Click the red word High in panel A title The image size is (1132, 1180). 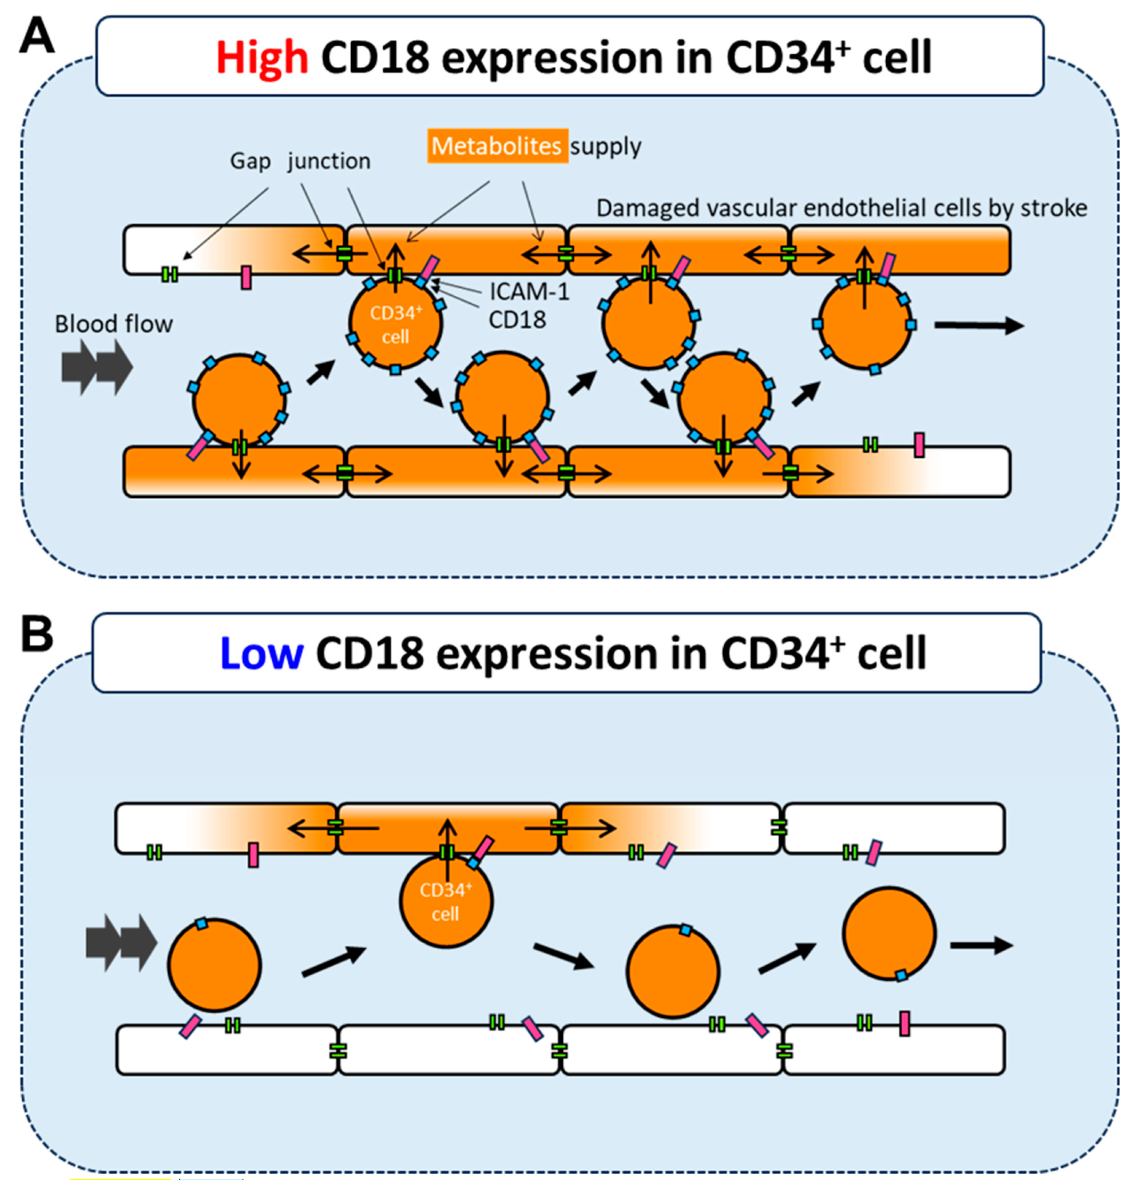[262, 58]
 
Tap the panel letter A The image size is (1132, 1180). [37, 36]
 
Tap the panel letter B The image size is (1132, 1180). [37, 634]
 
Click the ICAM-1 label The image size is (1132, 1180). [529, 292]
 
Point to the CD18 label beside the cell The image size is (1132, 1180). [517, 320]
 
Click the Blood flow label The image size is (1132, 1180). [113, 324]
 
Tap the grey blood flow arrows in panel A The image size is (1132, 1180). [97, 367]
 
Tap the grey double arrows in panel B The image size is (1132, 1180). [121, 943]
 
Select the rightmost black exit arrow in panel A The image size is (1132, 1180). [978, 326]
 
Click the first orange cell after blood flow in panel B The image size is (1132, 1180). [214, 964]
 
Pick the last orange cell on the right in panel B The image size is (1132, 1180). [889, 933]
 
